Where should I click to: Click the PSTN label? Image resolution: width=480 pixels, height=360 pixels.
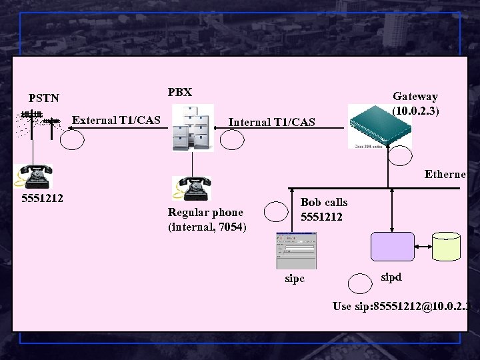point(44,98)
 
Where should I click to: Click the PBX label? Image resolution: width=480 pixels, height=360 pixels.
point(180,92)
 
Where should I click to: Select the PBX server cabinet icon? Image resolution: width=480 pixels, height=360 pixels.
point(193,127)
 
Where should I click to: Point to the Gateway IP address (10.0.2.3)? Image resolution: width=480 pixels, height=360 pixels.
point(415,110)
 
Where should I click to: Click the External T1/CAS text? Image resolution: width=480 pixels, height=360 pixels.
point(116,121)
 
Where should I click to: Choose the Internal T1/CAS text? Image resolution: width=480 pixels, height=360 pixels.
point(272,122)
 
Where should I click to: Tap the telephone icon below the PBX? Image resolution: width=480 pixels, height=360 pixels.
point(191,188)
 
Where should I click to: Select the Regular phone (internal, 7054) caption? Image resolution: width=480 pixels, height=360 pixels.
point(207,220)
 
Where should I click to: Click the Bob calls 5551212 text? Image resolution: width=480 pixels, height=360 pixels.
point(323,209)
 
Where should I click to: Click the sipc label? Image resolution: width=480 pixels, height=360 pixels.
point(294,278)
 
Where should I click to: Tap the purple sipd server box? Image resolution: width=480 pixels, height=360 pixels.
point(393,246)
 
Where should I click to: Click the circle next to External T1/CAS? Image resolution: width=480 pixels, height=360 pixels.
point(73,139)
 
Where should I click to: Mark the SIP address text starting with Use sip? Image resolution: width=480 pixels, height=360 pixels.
point(403,306)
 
